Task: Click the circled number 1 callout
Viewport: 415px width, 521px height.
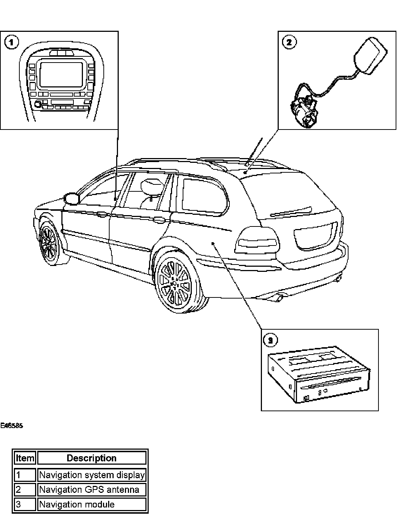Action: (11, 42)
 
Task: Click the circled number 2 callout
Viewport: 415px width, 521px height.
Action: (289, 42)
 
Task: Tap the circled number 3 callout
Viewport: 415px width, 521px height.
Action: (270, 341)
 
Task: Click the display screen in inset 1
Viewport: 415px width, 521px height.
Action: (61, 74)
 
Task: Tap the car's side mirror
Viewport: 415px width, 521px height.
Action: (72, 198)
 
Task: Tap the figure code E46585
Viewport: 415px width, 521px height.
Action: (12, 426)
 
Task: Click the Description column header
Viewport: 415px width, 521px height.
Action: (91, 458)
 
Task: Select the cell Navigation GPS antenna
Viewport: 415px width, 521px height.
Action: (91, 490)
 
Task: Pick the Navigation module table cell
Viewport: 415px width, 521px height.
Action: (91, 505)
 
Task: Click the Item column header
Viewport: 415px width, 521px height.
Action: (25, 458)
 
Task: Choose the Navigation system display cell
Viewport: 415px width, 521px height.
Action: (91, 475)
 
